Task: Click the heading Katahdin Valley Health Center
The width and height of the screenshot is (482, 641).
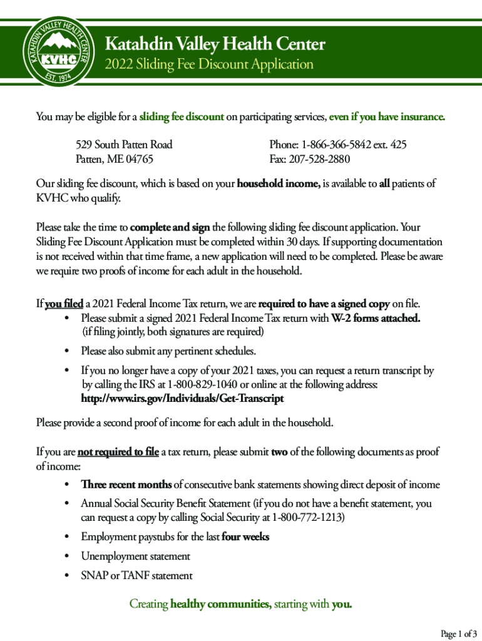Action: tap(215, 44)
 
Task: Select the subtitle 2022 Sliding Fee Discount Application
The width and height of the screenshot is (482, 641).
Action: tap(208, 64)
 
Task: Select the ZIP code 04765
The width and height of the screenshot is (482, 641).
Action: tap(140, 159)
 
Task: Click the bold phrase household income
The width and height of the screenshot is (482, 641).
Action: tap(279, 184)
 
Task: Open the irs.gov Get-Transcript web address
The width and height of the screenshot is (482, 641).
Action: tap(182, 398)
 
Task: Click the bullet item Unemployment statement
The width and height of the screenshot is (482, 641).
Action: tap(135, 556)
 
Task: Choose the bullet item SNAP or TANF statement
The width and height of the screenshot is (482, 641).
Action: tap(136, 575)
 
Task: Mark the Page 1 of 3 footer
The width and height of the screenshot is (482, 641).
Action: tap(459, 634)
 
